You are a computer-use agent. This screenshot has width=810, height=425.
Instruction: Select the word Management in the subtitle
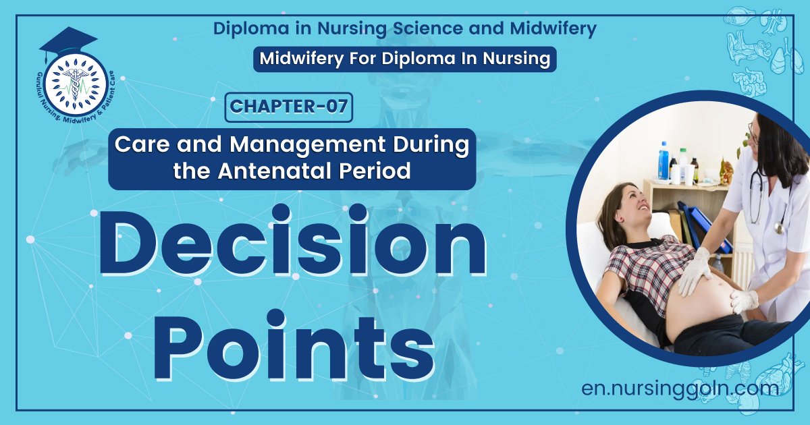(308, 144)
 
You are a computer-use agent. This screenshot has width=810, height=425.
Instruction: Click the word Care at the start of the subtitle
(141, 144)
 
